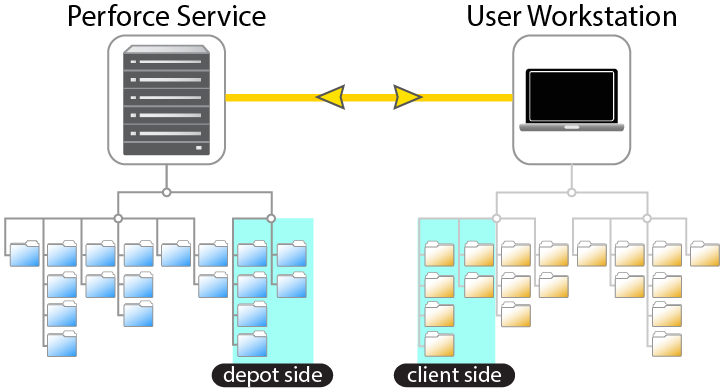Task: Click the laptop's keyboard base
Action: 571,127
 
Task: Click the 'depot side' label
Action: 271,375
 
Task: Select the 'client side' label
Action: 454,375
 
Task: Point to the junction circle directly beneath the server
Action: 166,191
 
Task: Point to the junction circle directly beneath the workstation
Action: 571,191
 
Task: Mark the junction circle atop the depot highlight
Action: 270,218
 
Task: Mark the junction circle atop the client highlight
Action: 496,218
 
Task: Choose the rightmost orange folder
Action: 704,255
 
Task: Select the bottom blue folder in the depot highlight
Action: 252,344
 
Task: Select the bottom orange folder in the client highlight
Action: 440,344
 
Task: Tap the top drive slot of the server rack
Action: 166,64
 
